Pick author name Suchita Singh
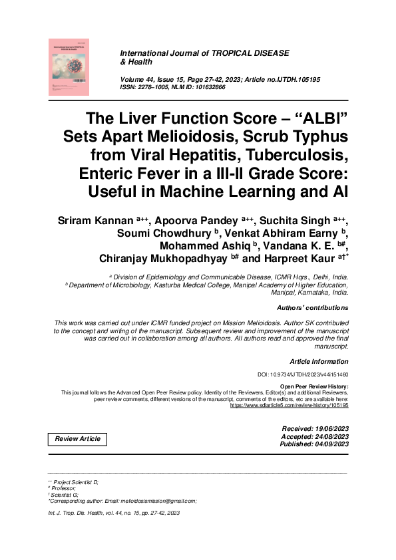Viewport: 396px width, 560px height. pos(305,219)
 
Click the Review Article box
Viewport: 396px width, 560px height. pos(78,439)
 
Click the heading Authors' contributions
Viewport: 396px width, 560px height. pos(312,308)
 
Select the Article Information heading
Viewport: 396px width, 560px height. pos(319,362)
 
